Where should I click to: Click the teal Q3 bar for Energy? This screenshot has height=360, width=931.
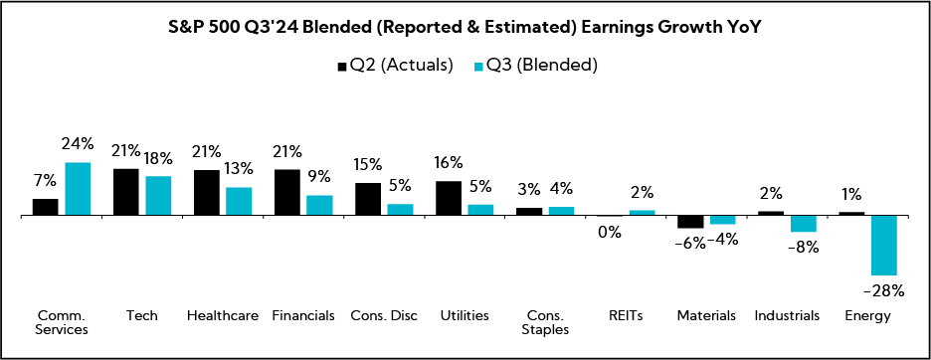(884, 245)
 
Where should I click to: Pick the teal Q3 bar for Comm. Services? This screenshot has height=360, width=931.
(78, 189)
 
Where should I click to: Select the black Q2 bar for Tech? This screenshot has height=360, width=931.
(126, 192)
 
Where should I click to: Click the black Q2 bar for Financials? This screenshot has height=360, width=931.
(287, 192)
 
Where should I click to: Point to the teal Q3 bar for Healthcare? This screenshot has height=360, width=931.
(239, 201)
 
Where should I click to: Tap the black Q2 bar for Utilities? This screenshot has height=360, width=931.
(449, 198)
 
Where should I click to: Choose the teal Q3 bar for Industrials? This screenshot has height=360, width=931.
(804, 223)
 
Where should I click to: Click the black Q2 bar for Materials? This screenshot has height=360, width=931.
(690, 222)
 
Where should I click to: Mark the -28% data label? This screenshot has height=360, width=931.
(883, 290)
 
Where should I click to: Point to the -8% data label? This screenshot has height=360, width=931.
(803, 247)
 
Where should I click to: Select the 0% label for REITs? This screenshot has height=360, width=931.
(609, 232)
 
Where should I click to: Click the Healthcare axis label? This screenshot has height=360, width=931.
(223, 315)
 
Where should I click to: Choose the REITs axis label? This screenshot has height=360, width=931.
(626, 315)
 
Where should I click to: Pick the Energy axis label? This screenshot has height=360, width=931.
(867, 315)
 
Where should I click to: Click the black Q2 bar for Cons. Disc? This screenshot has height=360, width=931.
(368, 199)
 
